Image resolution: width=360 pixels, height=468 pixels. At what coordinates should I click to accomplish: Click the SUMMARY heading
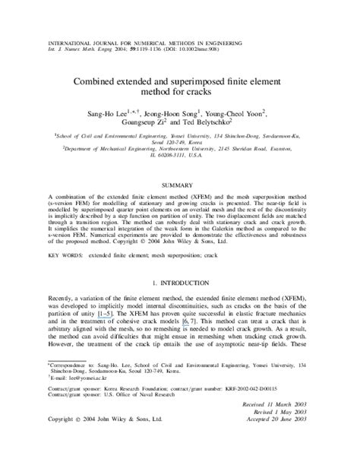point(179,185)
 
